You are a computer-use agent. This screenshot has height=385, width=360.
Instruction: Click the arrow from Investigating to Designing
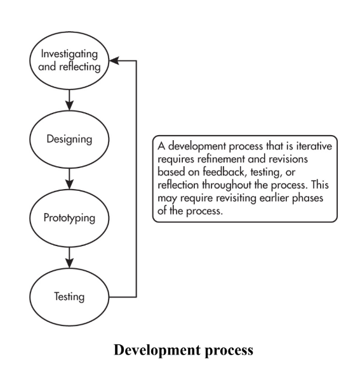(x=69, y=100)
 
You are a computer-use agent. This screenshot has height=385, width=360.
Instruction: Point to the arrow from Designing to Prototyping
(x=69, y=179)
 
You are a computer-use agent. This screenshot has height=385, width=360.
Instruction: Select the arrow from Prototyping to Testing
(x=69, y=258)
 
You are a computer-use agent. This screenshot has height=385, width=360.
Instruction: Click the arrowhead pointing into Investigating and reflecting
(x=114, y=60)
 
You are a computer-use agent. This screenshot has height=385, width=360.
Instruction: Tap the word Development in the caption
(x=157, y=350)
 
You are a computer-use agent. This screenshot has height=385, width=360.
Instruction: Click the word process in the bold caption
(x=229, y=351)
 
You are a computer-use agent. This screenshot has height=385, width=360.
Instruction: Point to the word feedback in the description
(x=224, y=172)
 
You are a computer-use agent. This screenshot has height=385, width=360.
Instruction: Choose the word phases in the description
(x=307, y=198)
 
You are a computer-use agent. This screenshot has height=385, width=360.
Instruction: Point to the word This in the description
(x=320, y=185)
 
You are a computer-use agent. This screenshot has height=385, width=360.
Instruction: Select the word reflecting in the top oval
(x=80, y=67)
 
